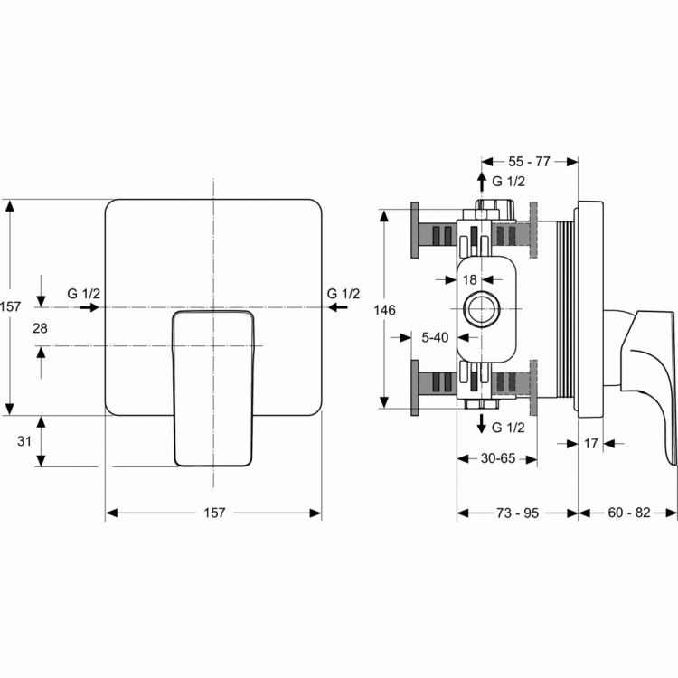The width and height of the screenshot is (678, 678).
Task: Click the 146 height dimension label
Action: coord(384,310)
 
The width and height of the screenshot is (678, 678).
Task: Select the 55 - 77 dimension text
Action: coord(529,162)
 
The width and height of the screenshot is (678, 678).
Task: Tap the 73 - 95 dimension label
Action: coord(517,513)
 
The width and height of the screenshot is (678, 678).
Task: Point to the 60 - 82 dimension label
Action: coord(628,513)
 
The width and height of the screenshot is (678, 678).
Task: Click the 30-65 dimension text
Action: coord(498,458)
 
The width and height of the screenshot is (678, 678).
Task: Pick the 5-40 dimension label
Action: coord(435,338)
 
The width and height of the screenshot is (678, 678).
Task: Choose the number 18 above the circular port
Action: coord(469,280)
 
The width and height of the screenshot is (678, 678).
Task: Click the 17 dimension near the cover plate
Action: coord(590,444)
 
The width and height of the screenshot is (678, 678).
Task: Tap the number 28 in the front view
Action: coord(40,329)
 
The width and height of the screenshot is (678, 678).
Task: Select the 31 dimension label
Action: coord(24,441)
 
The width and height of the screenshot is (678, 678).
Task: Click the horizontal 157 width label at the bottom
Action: coord(214,513)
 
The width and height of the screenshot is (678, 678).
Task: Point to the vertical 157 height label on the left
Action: coord(10,307)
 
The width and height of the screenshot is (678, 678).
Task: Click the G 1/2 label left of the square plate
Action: coord(83,294)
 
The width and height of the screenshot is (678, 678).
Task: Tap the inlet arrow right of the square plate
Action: coord(338,307)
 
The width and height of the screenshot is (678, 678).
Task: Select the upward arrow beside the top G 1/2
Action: coord(481,182)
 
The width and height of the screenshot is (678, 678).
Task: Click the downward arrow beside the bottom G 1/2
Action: coord(481,424)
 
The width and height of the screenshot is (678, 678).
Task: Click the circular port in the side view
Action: coord(482,309)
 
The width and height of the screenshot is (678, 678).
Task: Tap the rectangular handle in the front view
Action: coord(213,389)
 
